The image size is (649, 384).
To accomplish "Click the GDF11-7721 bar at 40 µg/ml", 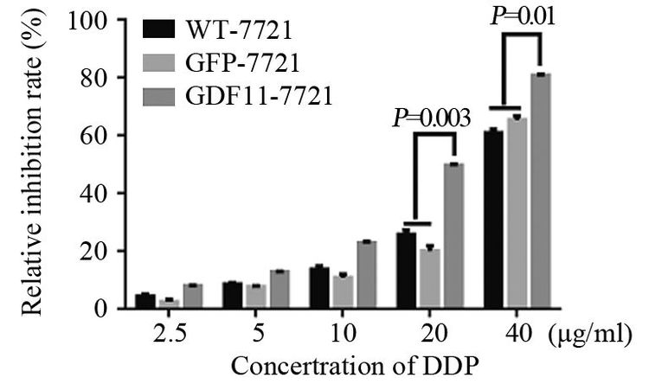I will click(x=540, y=190).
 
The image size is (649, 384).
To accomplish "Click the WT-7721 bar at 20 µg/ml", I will click(x=407, y=270).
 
